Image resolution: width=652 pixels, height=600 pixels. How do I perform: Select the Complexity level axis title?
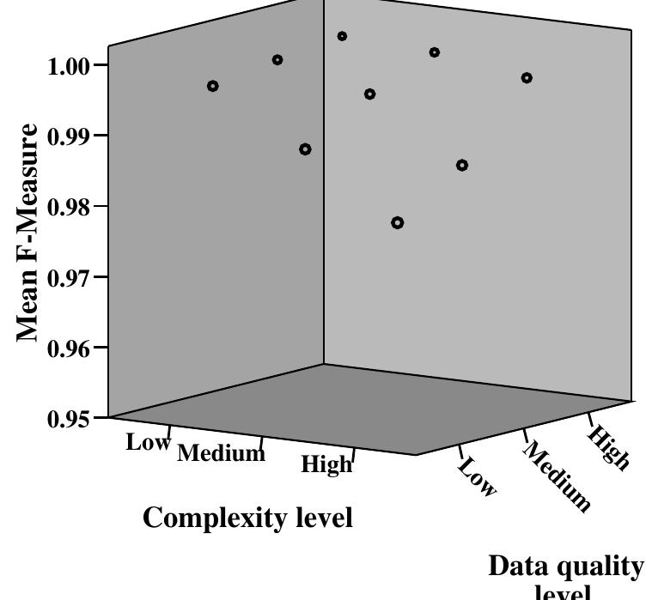click(247, 518)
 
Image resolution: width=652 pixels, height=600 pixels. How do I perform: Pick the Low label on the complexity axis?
click(149, 443)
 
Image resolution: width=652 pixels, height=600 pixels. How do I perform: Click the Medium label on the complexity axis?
click(221, 453)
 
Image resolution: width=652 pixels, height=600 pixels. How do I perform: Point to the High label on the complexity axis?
click(326, 464)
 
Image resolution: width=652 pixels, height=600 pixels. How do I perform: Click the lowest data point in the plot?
click(397, 223)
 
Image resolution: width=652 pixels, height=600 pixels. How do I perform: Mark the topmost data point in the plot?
click(342, 36)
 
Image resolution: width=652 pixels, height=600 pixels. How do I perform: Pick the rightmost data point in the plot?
click(527, 78)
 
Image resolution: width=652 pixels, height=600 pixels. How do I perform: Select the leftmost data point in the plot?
click(213, 86)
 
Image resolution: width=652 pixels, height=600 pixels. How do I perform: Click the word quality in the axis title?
click(600, 567)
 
